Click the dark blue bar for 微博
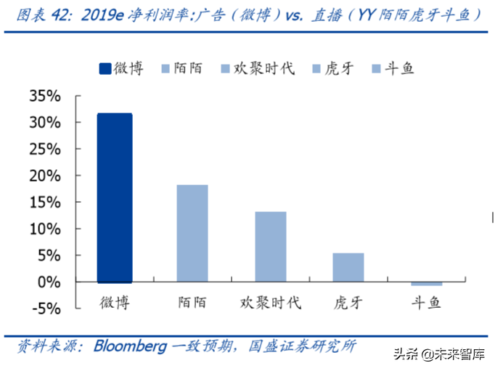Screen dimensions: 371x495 click(115, 197)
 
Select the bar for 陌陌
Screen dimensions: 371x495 click(192, 233)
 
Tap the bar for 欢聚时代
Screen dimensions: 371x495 click(270, 246)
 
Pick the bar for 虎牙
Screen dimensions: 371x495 click(348, 266)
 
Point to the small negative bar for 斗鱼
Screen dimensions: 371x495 click(426, 283)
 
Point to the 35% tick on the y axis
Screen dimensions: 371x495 click(45, 96)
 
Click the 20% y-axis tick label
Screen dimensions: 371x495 click(45, 176)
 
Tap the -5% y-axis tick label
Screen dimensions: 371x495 click(45, 308)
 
